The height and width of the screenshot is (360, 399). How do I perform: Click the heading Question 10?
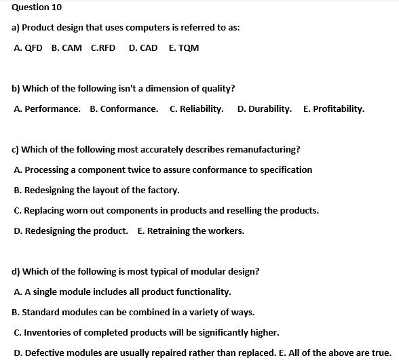point(32,7)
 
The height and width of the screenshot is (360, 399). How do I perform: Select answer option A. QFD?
point(28,48)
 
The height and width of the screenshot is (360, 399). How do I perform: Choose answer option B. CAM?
point(66,48)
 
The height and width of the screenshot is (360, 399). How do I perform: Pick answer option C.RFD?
point(103,48)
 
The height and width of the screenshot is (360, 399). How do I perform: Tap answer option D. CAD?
point(142,48)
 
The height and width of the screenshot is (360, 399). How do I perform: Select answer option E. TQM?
point(184,48)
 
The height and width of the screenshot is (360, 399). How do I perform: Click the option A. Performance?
point(47,108)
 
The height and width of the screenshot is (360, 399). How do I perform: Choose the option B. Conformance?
point(124,108)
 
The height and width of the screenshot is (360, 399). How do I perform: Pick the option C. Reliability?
point(197,108)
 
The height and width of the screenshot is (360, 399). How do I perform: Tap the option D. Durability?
point(265,108)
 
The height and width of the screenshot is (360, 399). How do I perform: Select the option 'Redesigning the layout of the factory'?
point(96,190)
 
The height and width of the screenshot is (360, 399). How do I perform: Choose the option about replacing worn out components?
point(166,210)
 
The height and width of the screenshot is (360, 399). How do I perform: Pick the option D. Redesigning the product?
point(71,231)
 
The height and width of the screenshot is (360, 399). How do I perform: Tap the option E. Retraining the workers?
point(191,231)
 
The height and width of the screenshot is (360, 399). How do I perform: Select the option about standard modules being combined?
point(134,312)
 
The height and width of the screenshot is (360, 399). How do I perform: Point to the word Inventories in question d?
point(47,332)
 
